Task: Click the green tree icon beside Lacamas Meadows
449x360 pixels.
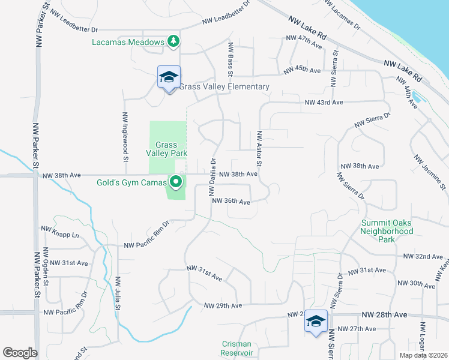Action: pos(173,41)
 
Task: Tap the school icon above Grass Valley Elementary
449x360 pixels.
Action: pos(169,77)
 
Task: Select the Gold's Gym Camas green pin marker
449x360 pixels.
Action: pos(176,181)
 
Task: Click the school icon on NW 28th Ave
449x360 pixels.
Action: pos(316,321)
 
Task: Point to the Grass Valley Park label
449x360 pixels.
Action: pos(167,149)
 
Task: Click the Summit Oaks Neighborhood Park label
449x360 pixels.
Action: pos(387,231)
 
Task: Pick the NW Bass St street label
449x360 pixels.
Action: pos(230,59)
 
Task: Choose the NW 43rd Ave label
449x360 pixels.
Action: pos(324,103)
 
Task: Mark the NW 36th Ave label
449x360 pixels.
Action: pos(231,202)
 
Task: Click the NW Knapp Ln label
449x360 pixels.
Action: pos(59,229)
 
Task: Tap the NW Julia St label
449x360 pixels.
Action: pos(118,292)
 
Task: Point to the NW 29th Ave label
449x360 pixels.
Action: pos(223,305)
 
